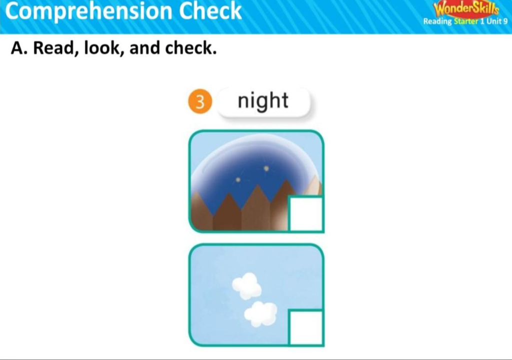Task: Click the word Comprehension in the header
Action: pos(89,11)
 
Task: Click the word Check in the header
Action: pos(210,10)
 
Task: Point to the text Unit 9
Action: pos(497,21)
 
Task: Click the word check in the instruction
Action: pos(190,48)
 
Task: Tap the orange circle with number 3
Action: pos(200,101)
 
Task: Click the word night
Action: pos(263,100)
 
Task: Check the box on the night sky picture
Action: pos(306,213)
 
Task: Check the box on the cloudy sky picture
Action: pos(306,327)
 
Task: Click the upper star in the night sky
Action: pos(266,168)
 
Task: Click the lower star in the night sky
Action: pos(238,179)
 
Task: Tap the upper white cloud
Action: pos(246,286)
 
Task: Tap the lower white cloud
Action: pos(260,314)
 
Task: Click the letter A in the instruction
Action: pos(17,48)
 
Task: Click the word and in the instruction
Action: pos(143,48)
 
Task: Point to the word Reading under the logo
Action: pos(437,21)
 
